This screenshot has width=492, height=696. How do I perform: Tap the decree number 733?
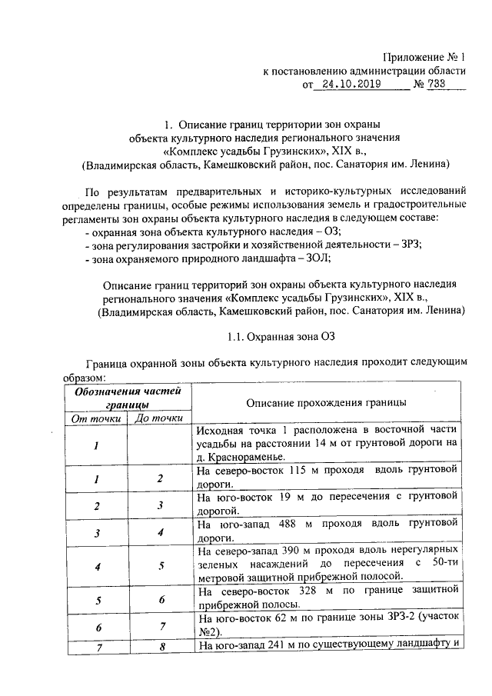pyautogui.click(x=439, y=85)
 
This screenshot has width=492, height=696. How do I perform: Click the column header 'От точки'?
pyautogui.click(x=96, y=418)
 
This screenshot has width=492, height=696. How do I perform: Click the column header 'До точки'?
pyautogui.click(x=158, y=418)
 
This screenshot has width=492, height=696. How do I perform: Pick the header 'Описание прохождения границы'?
pyautogui.click(x=327, y=403)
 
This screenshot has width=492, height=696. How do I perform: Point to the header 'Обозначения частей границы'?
pyautogui.click(x=128, y=398)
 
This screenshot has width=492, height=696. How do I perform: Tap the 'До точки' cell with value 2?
pyautogui.click(x=160, y=478)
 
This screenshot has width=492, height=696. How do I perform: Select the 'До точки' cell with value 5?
pyautogui.click(x=160, y=566)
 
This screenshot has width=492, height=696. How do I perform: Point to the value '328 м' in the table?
pyautogui.click(x=308, y=591)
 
